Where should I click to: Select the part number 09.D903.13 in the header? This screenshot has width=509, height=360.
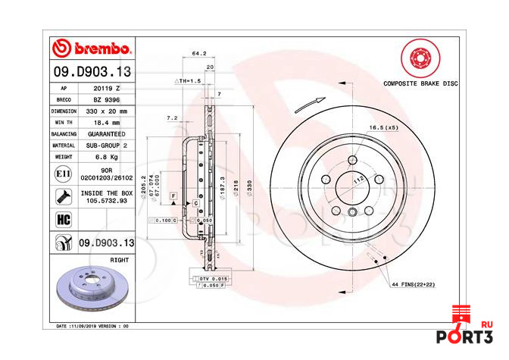92,71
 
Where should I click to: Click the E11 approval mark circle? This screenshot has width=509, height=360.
64,174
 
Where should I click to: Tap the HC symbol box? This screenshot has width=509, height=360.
64,219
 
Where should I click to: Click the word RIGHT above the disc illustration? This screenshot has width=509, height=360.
119,259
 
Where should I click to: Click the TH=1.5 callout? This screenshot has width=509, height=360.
190,80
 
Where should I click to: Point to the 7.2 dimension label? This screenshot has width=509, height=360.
172,118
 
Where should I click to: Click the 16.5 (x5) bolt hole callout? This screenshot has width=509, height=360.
383,128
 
